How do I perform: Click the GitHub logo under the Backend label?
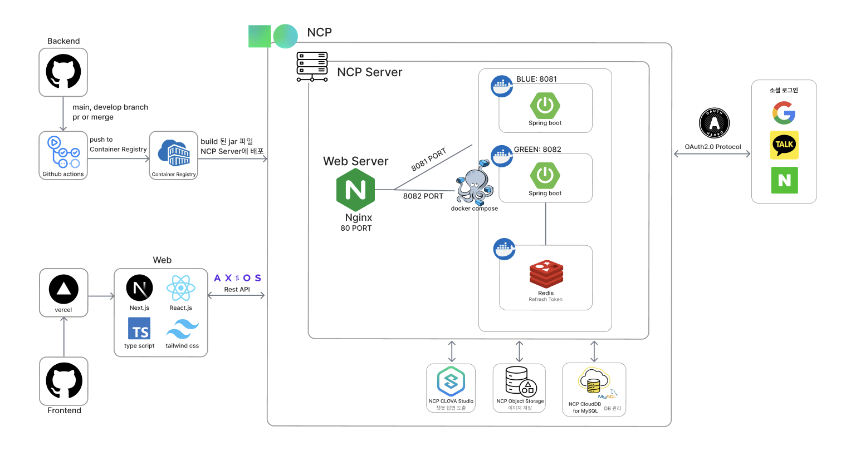63,71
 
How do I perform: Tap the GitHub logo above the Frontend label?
64,380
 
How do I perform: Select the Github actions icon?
63,152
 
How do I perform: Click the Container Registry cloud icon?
174,153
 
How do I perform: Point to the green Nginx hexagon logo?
355,190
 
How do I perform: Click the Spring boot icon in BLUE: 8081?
545,105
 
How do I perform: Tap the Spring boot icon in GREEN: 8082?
545,175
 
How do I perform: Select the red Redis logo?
546,274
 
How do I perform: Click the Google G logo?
784,113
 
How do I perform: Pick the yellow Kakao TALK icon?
784,145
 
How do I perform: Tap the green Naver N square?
784,180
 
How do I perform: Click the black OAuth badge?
714,123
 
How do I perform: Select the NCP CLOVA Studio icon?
451,381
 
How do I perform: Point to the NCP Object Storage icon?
520,380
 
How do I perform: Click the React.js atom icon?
180,288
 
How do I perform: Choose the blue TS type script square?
139,329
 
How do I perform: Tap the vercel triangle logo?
63,289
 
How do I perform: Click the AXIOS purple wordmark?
237,278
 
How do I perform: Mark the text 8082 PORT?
423,196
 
